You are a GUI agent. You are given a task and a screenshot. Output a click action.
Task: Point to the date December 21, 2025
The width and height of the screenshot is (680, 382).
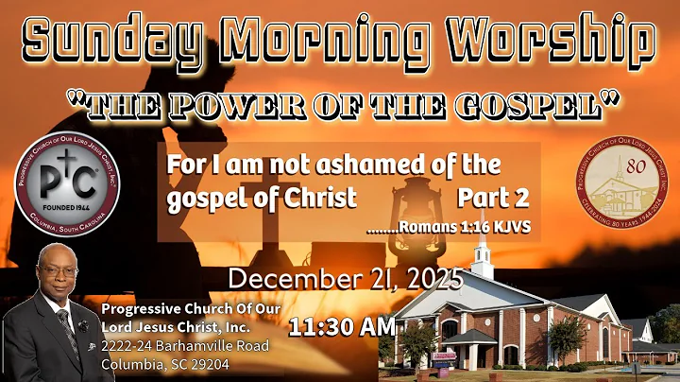click(346, 279)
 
